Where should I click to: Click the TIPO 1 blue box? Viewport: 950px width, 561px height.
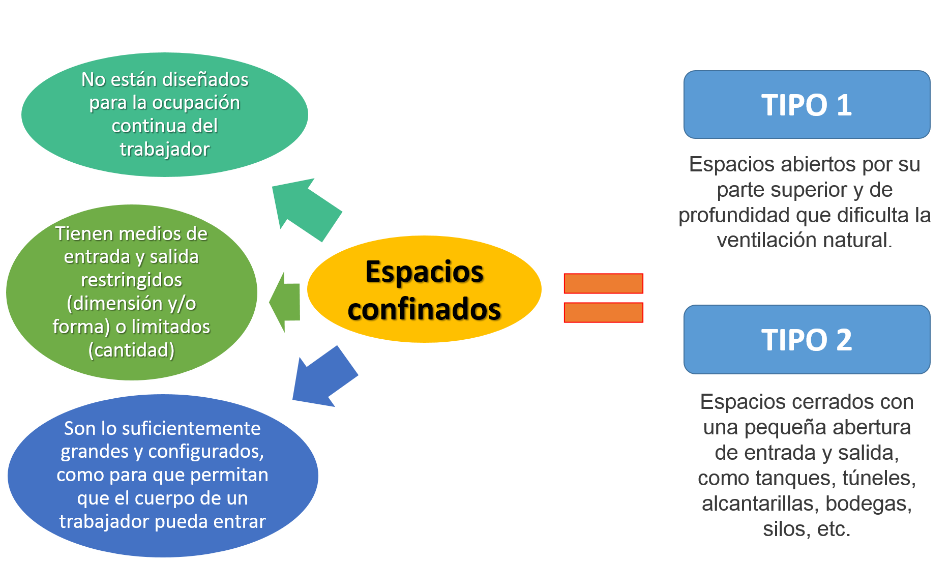pos(807,105)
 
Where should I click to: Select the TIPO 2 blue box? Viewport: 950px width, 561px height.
pos(807,339)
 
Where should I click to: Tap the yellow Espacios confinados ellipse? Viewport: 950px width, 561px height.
pos(424,289)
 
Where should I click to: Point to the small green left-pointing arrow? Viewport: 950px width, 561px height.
pos(285,302)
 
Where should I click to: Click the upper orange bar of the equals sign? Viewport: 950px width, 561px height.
pos(604,283)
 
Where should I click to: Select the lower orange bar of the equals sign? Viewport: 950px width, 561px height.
pos(604,312)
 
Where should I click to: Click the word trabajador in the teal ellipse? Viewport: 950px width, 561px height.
pos(165,150)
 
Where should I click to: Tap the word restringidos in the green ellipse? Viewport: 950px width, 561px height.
pos(132,280)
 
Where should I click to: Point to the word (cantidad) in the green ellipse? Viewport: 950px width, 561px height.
pos(132,350)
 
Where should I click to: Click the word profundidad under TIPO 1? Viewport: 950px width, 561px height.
pos(734,215)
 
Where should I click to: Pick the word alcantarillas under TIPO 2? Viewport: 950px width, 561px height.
pos(761,504)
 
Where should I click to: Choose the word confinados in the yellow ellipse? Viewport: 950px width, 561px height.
pos(425,309)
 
